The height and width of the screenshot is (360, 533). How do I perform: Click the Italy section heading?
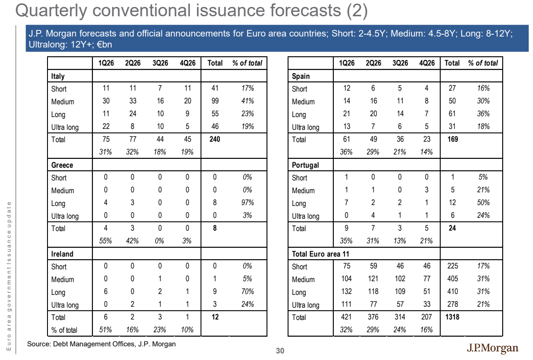pyautogui.click(x=58, y=76)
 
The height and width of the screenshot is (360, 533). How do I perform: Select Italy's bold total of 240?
pyautogui.click(x=215, y=139)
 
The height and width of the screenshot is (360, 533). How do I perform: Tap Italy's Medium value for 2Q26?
pyautogui.click(x=133, y=101)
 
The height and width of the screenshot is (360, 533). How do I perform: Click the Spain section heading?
pyautogui.click(x=301, y=76)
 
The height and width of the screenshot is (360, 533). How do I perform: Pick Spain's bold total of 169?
pyautogui.click(x=453, y=139)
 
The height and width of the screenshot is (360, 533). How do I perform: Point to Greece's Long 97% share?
pyautogui.click(x=248, y=202)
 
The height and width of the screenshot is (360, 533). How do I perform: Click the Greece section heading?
pyautogui.click(x=62, y=165)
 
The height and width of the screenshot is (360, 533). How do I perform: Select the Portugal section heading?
pyautogui.click(x=305, y=165)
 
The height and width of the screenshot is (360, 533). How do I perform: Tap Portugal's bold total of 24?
pyautogui.click(x=453, y=228)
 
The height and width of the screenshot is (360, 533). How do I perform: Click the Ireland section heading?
pyautogui.click(x=62, y=254)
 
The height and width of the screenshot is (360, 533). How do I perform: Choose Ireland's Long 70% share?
pyautogui.click(x=248, y=291)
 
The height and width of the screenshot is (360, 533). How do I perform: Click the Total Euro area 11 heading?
pyautogui.click(x=320, y=254)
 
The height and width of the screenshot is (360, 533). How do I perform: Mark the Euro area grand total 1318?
pyautogui.click(x=453, y=317)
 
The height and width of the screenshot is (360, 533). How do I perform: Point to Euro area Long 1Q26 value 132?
pyautogui.click(x=347, y=291)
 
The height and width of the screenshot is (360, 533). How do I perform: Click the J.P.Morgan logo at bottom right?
pyautogui.click(x=493, y=348)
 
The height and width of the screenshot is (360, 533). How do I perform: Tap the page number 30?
pyautogui.click(x=280, y=351)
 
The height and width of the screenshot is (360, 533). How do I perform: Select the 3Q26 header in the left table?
pyautogui.click(x=160, y=63)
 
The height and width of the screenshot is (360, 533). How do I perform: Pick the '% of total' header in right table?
pyautogui.click(x=483, y=63)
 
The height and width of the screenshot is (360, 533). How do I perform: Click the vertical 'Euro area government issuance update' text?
pyautogui.click(x=9, y=276)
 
